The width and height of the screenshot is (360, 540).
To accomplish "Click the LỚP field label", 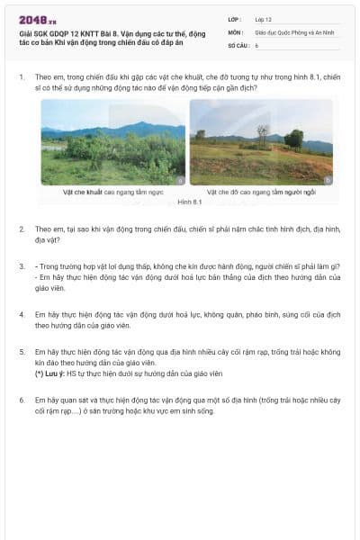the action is (234, 19).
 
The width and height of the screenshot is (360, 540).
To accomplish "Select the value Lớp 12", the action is (263, 19).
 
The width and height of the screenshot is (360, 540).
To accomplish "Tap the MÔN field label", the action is (235, 31).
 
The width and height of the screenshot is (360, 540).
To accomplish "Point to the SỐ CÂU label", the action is (238, 44).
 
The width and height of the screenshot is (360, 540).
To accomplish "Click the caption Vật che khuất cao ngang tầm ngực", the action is (113, 192).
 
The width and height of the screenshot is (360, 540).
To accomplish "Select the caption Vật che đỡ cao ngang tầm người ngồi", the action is (261, 192).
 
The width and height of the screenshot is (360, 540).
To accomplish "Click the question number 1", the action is (22, 77).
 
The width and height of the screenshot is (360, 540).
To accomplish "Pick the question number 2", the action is (22, 229).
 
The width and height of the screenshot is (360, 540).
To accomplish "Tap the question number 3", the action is (22, 266).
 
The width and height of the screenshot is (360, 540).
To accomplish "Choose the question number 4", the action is (22, 314).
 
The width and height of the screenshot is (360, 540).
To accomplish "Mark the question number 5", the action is (22, 351).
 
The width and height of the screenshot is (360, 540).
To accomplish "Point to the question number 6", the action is (22, 399).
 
